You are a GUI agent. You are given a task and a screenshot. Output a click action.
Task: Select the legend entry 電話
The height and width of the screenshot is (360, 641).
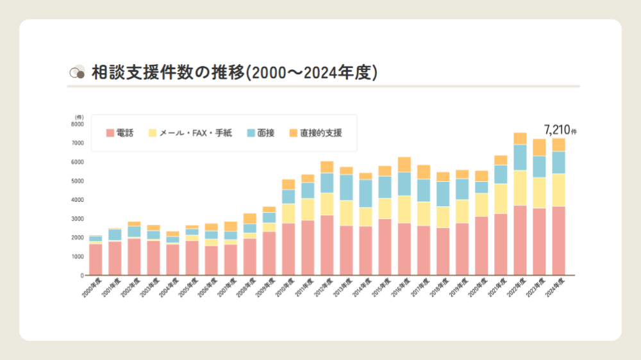(x=120, y=133)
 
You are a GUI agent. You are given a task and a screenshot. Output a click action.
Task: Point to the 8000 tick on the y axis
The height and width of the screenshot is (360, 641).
(x=77, y=124)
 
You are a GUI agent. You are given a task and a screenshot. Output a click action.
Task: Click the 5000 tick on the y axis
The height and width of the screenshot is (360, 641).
(x=77, y=181)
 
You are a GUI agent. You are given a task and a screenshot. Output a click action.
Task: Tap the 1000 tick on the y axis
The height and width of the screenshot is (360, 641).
(x=77, y=257)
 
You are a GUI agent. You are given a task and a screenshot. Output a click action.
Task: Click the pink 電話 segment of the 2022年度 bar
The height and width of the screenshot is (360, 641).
(x=520, y=240)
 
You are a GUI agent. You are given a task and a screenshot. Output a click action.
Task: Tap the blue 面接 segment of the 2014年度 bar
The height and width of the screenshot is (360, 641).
(x=365, y=193)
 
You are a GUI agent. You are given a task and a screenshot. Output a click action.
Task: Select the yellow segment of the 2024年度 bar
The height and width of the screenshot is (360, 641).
(x=558, y=190)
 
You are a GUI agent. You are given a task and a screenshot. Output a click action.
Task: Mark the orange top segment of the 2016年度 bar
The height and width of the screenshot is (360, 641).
(x=404, y=165)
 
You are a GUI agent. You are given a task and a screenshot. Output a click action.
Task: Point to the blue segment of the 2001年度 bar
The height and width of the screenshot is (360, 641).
(x=115, y=235)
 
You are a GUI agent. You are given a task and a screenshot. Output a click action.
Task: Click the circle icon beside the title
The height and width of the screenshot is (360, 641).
(x=77, y=72)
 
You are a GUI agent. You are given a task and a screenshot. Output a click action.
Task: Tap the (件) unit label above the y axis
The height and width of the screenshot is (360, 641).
(x=79, y=117)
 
